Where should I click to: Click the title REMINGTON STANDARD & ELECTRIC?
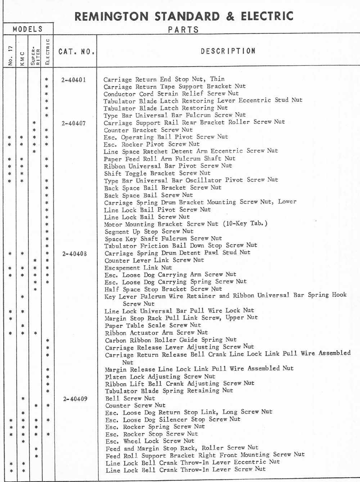[x=184, y=16]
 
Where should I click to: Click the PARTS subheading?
[x=183, y=30]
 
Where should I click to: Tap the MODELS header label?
[x=28, y=29]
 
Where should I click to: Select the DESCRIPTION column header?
[x=228, y=51]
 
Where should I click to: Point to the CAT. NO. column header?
[x=76, y=51]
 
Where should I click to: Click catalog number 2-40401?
[x=74, y=80]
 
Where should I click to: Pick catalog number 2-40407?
[x=74, y=123]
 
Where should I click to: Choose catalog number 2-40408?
[x=74, y=254]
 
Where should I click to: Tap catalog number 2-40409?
[x=75, y=399]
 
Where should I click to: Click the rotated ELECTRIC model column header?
[x=47, y=51]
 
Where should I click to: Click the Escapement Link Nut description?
[x=138, y=268]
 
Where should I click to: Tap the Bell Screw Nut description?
[x=130, y=398]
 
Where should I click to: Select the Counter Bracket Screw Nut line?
[x=148, y=130]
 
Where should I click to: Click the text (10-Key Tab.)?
[x=245, y=223]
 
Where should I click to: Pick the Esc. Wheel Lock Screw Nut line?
[x=150, y=441]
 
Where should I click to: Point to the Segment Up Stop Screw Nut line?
[x=149, y=231]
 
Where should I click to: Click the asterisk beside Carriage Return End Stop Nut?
[x=46, y=80]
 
